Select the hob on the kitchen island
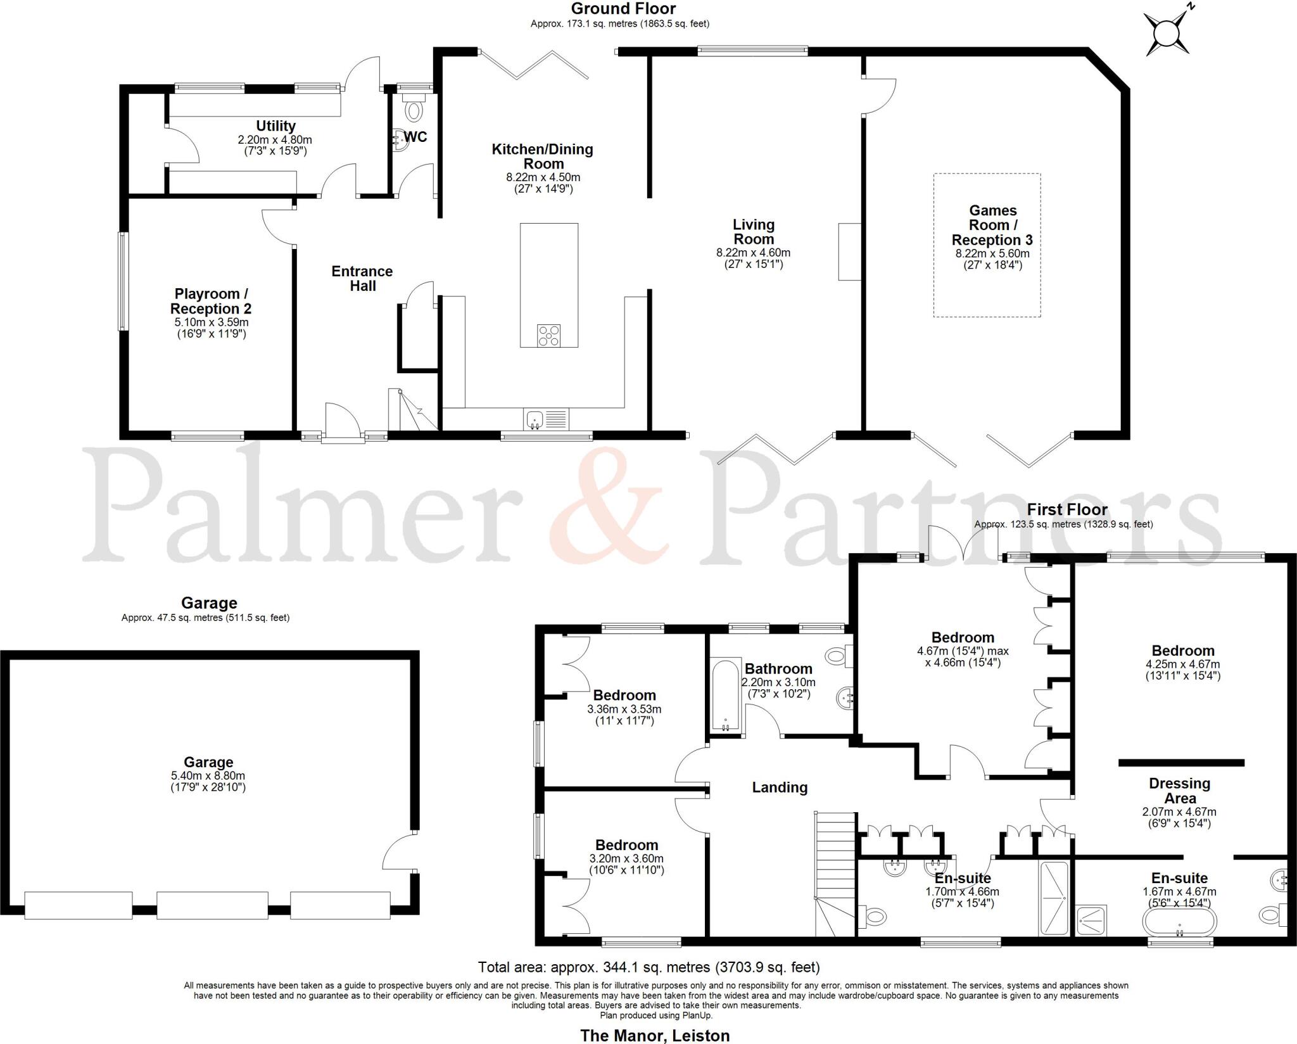(x=548, y=335)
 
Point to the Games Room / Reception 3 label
(x=992, y=225)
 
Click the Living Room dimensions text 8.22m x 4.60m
(x=753, y=252)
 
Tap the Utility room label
(x=275, y=125)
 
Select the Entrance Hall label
(x=362, y=279)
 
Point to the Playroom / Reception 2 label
(x=211, y=301)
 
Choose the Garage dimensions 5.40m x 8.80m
(x=208, y=775)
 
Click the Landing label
(x=780, y=787)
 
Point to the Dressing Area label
(x=1179, y=791)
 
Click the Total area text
(x=648, y=967)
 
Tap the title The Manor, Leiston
(x=655, y=1035)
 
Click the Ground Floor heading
(x=623, y=9)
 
